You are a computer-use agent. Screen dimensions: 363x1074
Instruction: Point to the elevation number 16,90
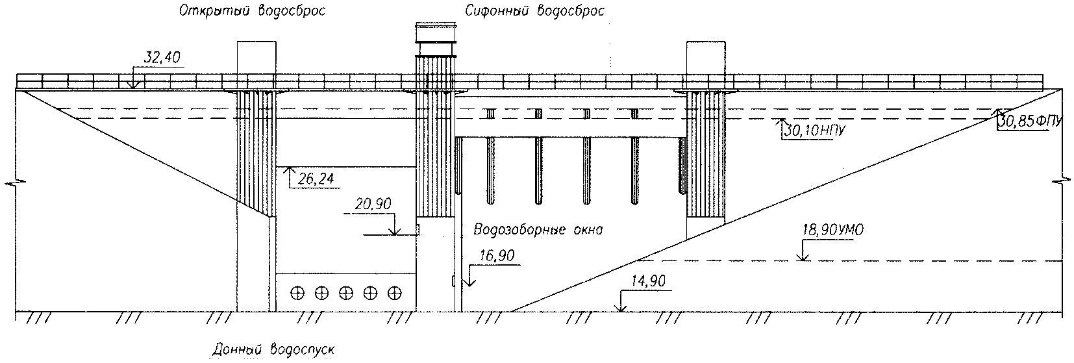[497, 257]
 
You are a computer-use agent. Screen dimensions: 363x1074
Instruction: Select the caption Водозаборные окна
[538, 229]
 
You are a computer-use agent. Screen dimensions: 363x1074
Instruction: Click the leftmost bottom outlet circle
[297, 293]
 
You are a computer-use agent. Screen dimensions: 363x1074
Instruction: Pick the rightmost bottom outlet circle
[393, 293]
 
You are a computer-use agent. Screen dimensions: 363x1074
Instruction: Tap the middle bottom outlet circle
[345, 293]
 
